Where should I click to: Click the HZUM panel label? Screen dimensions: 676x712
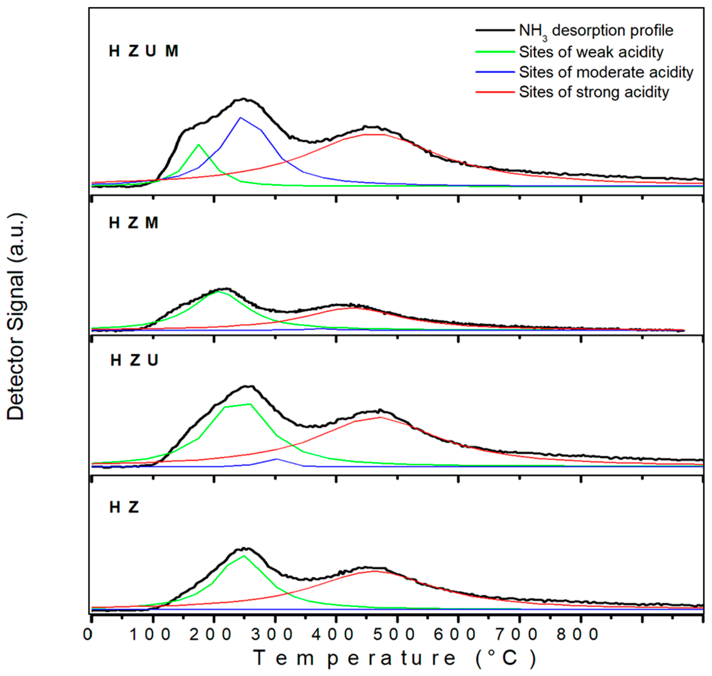143,51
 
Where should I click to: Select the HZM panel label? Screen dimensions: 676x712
134,223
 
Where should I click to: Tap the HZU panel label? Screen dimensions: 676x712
134,360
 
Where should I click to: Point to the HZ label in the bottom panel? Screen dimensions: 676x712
124,507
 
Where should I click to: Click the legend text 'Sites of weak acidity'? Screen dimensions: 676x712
591,52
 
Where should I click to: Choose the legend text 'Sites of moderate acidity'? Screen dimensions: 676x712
606,72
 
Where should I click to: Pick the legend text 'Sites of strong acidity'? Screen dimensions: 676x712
594,92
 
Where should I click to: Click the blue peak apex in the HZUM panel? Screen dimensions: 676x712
240,117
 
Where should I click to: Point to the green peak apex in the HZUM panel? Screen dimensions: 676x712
199,145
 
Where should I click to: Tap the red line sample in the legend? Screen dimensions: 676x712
495,92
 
